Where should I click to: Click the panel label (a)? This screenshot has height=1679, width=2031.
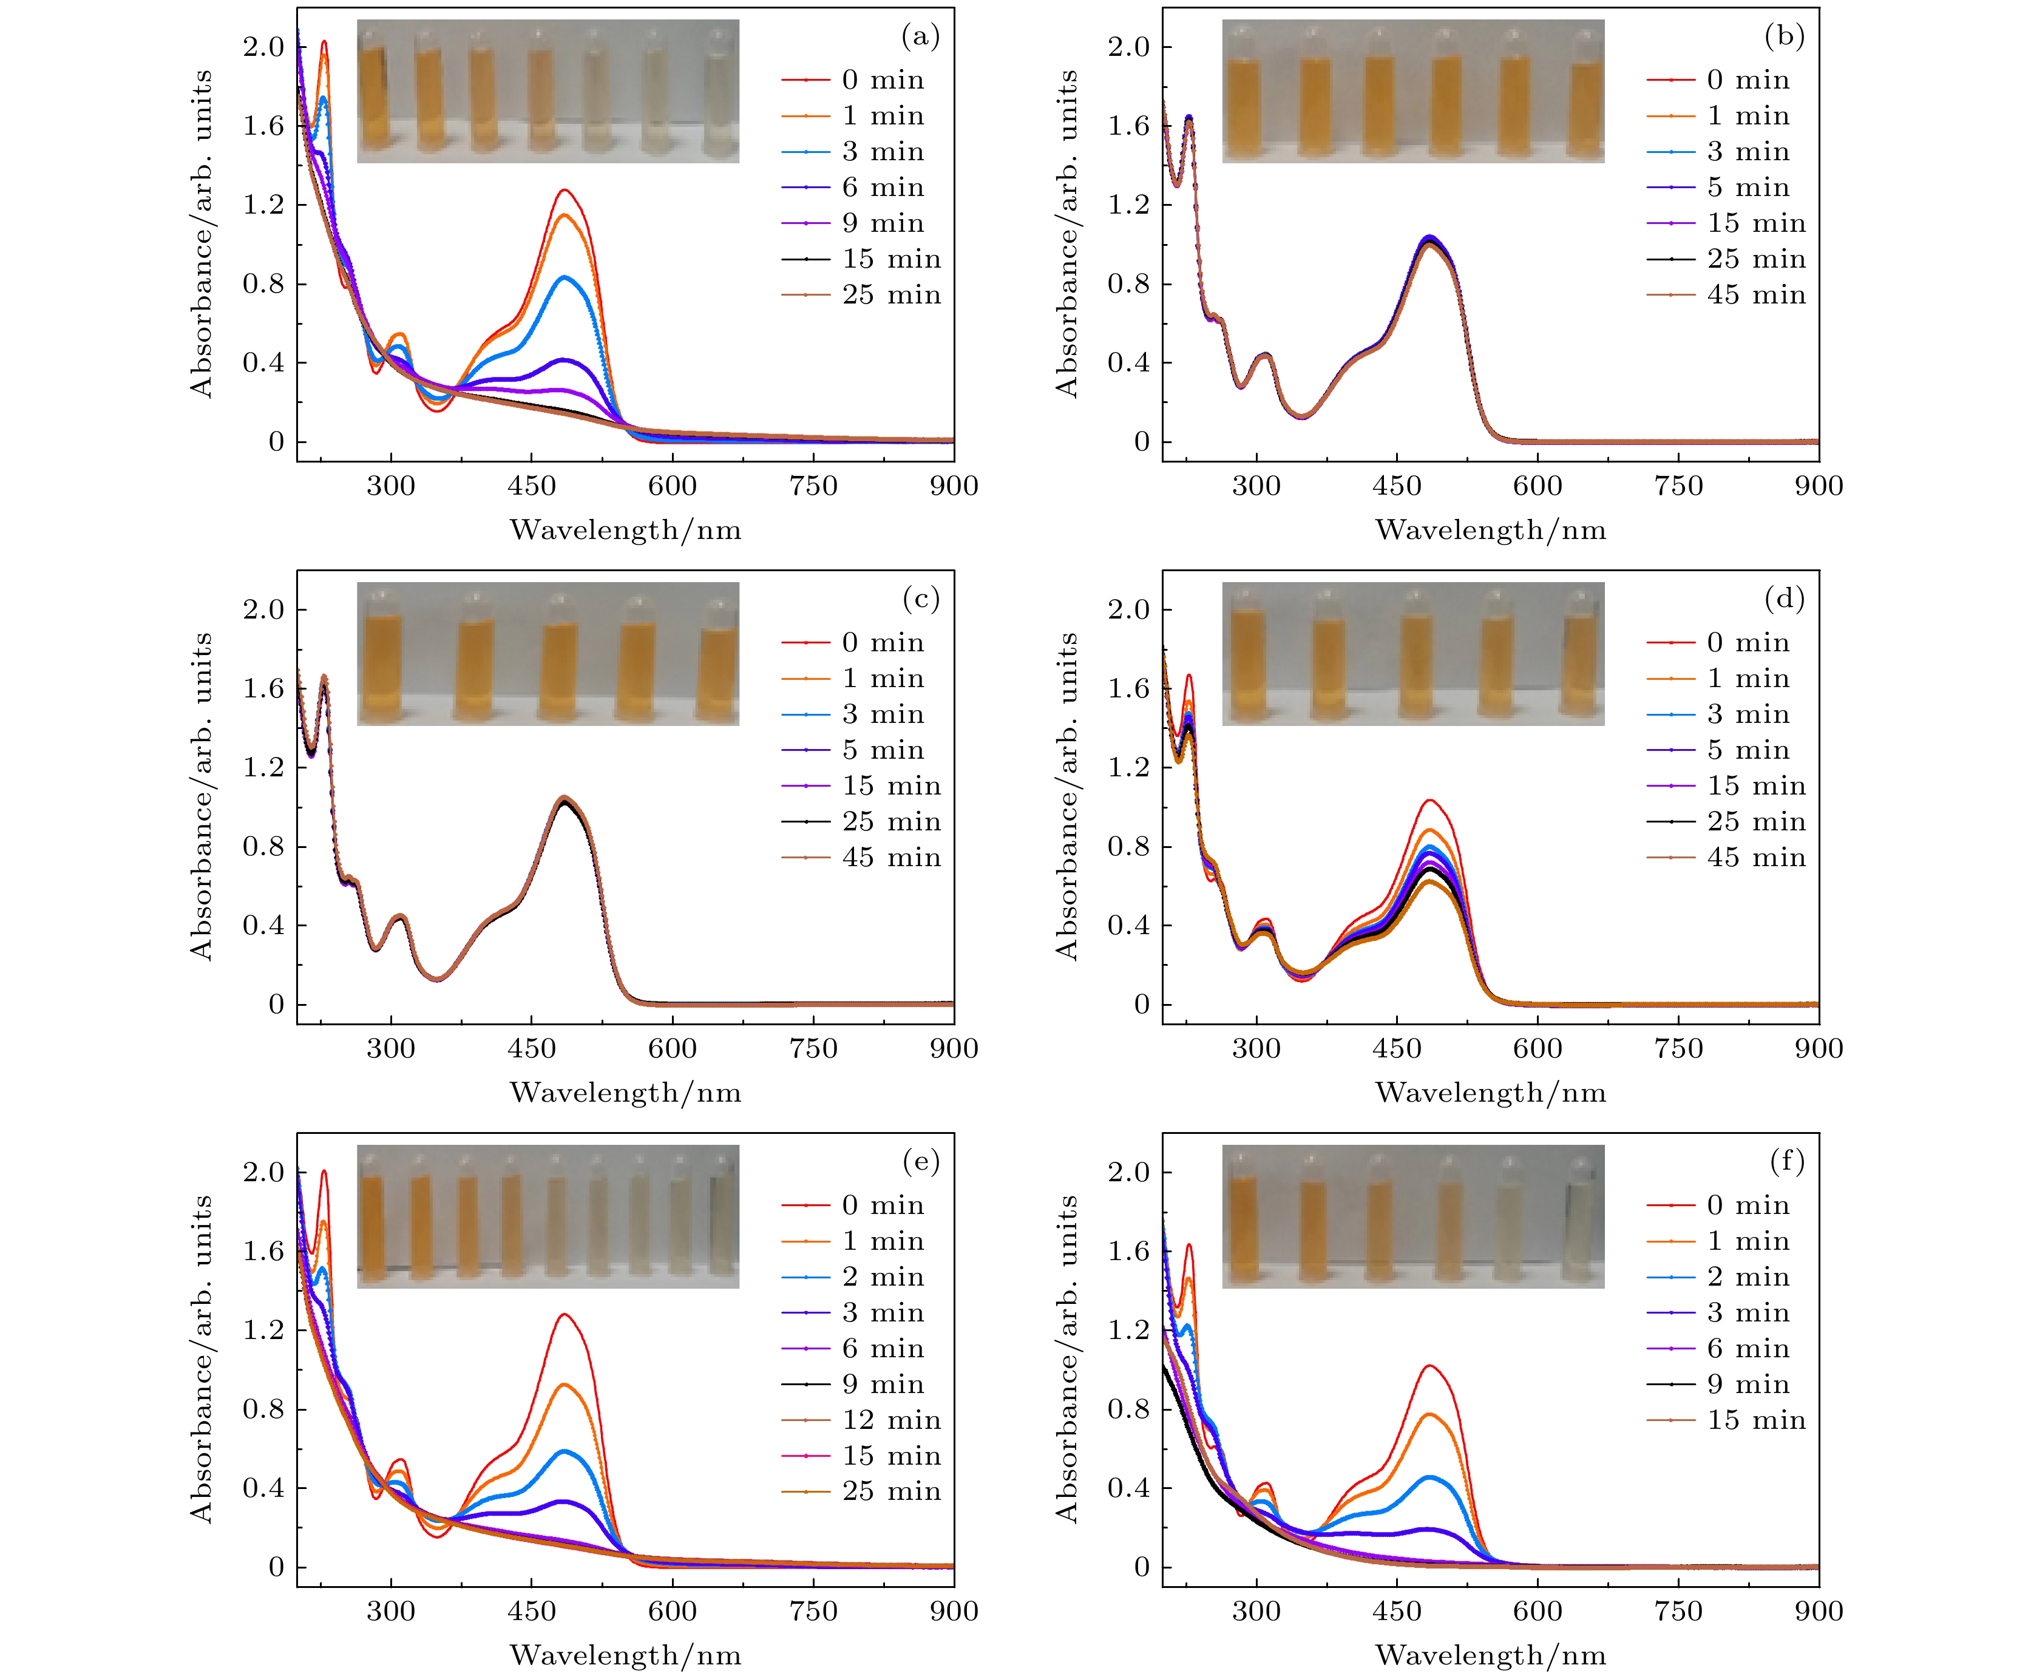(x=920, y=37)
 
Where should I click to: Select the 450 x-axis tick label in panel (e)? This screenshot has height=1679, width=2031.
(x=531, y=1610)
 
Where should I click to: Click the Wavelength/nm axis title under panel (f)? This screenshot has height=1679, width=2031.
(x=1490, y=1655)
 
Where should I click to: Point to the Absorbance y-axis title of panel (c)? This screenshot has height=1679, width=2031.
(x=200, y=795)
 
